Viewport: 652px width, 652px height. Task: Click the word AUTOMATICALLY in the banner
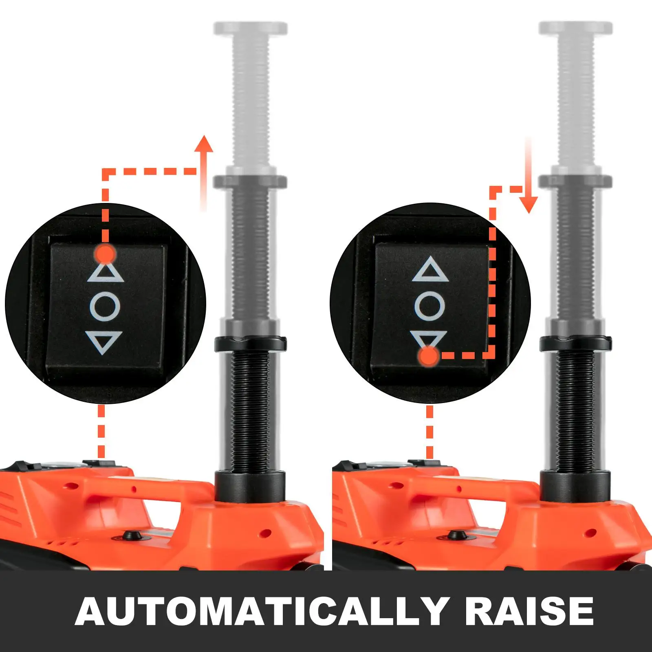(x=261, y=611)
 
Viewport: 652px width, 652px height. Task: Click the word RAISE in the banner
(x=529, y=611)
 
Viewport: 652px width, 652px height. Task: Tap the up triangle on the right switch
(x=430, y=270)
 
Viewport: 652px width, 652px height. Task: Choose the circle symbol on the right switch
(x=430, y=306)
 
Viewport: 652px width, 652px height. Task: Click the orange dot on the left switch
(x=105, y=254)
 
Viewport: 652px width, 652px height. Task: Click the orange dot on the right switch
(x=429, y=356)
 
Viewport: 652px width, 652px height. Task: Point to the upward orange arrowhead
(x=204, y=145)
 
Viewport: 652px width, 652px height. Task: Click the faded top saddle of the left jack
(x=250, y=29)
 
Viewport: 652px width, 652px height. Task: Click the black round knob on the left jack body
(x=131, y=535)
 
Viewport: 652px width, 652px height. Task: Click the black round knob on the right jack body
(x=455, y=535)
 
